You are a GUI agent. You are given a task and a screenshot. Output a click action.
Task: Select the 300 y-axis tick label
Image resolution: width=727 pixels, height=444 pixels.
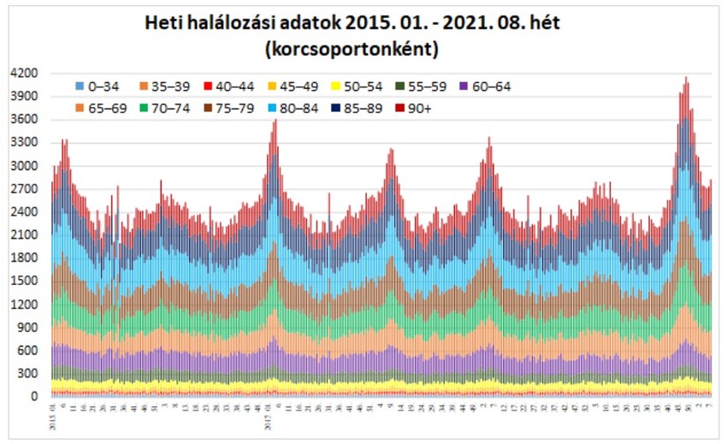[x=26, y=374]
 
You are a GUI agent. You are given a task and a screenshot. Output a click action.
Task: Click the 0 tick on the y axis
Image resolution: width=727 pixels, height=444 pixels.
[x=33, y=397]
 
